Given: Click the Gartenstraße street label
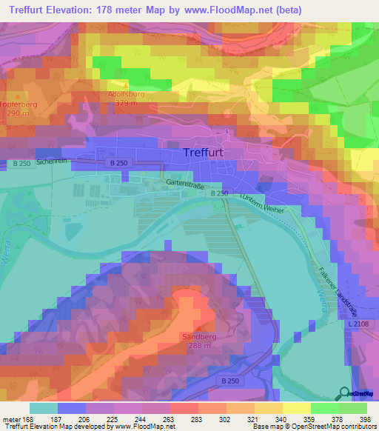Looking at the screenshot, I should pyautogui.click(x=186, y=181).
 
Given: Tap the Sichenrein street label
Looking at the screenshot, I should pyautogui.click(x=51, y=160).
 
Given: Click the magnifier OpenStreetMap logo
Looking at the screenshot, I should pyautogui.click(x=344, y=392).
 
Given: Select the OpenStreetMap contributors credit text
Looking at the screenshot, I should pyautogui.click(x=326, y=427).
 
